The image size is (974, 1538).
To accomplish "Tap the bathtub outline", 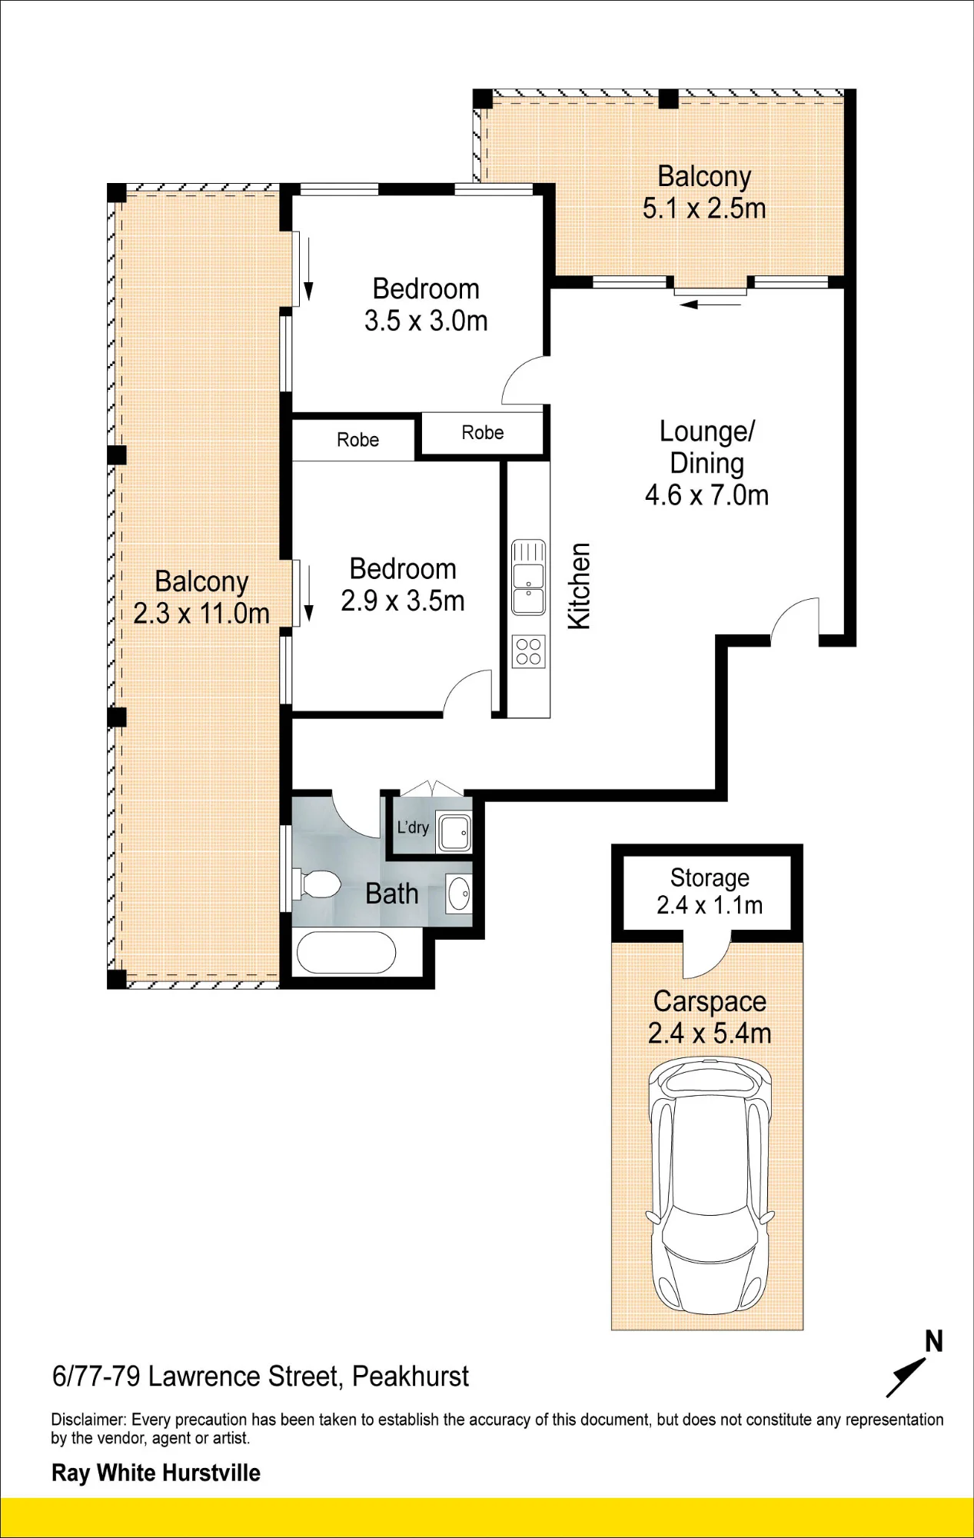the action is click(x=346, y=953).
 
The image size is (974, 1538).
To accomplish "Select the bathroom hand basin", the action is click(x=459, y=894).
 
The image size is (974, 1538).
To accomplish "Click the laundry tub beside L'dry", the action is click(x=454, y=831).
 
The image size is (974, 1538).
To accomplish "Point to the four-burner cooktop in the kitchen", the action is click(x=529, y=651).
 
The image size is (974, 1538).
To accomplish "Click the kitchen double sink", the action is click(x=529, y=577).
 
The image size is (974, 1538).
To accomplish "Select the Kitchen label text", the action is click(x=579, y=586).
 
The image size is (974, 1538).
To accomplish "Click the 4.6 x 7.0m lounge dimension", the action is click(x=706, y=495).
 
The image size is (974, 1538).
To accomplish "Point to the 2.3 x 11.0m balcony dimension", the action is click(x=201, y=614).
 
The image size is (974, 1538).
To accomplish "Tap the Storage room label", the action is click(x=710, y=877).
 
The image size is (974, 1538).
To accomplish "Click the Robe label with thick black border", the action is click(x=483, y=433).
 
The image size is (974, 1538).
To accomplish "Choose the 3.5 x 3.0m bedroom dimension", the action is click(x=426, y=321).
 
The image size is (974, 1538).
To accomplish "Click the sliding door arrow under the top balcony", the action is click(x=710, y=305).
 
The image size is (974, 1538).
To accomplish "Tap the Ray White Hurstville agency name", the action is click(x=156, y=1473).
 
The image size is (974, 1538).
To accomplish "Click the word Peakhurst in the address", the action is click(x=411, y=1377).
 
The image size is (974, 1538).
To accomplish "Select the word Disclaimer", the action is click(x=88, y=1420).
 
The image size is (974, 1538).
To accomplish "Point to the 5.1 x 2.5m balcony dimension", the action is click(x=704, y=208).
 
